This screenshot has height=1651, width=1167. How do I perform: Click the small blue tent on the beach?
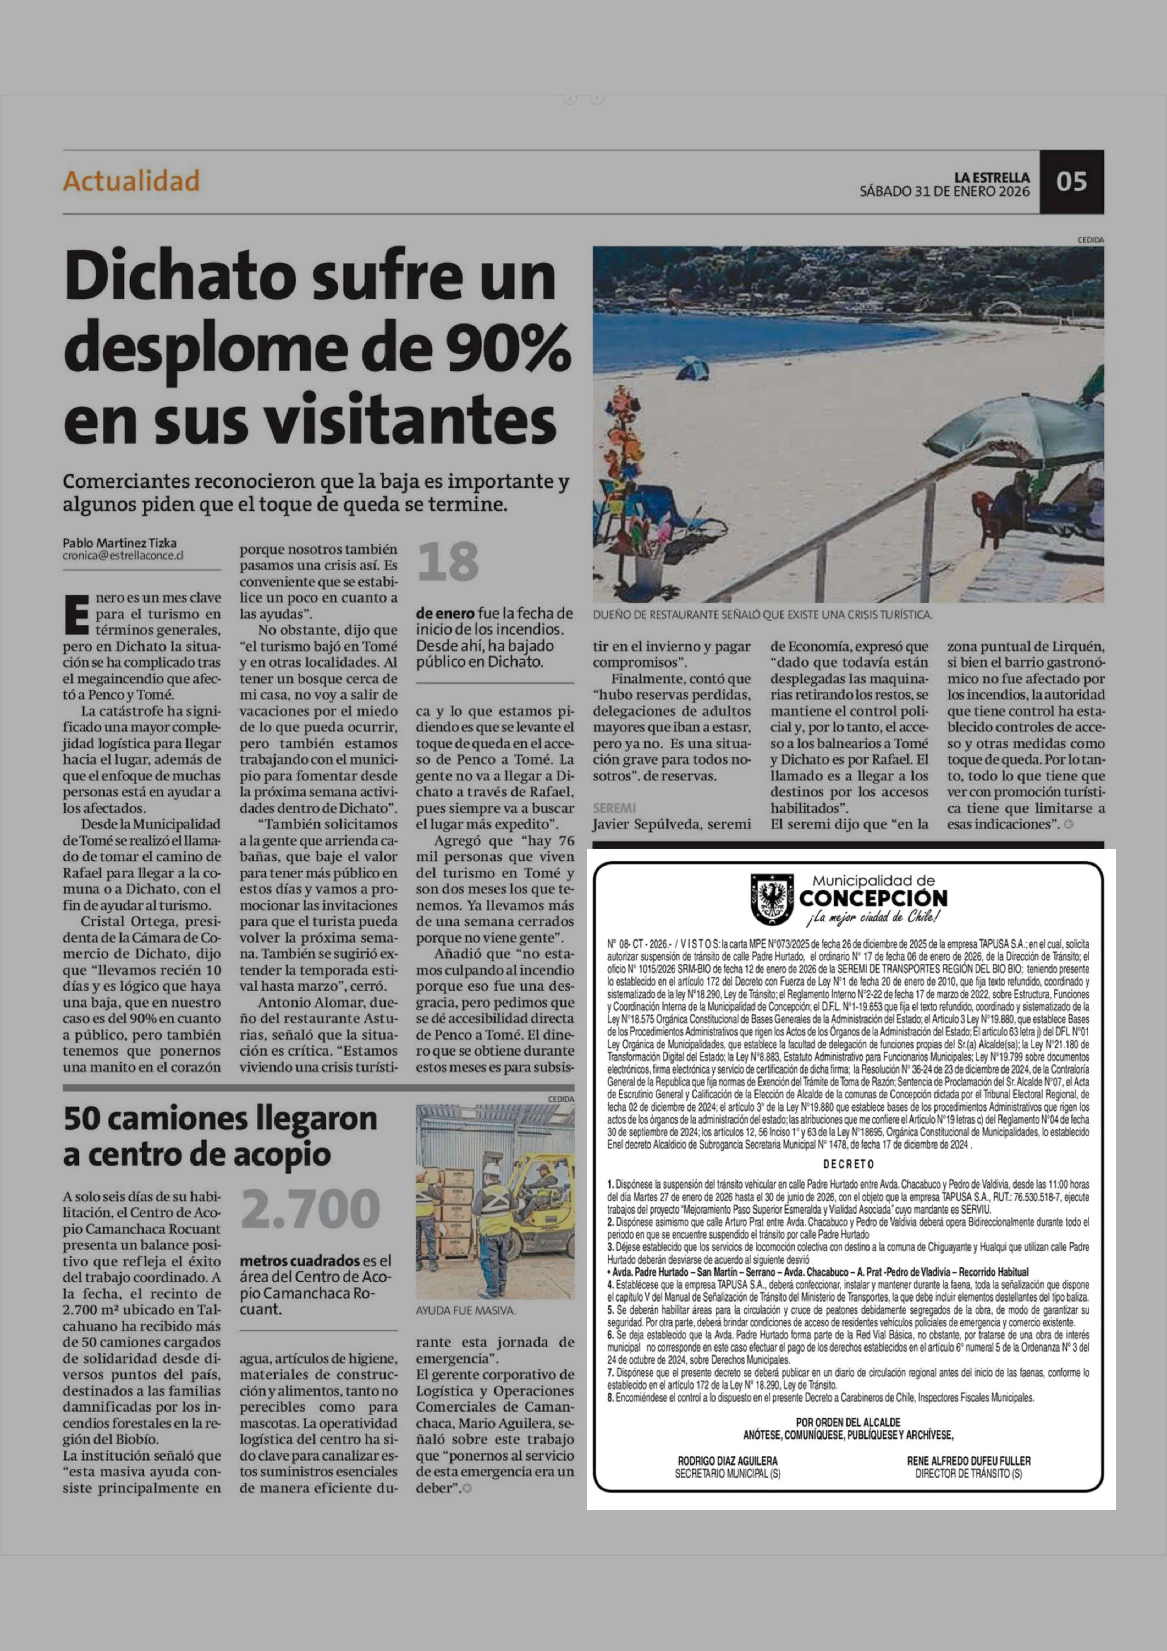(693, 368)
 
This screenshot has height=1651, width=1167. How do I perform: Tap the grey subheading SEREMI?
(614, 808)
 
